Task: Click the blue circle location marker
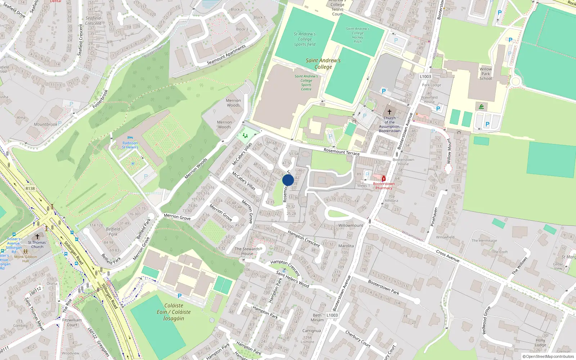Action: (x=288, y=180)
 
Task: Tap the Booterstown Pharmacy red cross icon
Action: (x=384, y=179)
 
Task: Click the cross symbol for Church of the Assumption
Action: (x=389, y=112)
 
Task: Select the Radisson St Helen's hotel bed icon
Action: (x=130, y=138)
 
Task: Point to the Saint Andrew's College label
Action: (x=323, y=64)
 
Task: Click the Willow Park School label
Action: (x=486, y=74)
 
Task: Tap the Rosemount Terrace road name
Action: (x=341, y=152)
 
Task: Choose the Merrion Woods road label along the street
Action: (x=196, y=168)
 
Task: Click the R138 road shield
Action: (x=30, y=188)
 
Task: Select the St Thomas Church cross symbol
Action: (x=37, y=237)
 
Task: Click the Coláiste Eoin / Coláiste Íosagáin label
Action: (x=174, y=312)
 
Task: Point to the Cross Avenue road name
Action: (x=447, y=256)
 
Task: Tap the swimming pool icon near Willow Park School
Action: (x=481, y=107)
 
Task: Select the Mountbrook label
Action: (x=45, y=125)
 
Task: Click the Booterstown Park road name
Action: (x=383, y=287)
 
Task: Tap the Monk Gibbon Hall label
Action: (x=26, y=259)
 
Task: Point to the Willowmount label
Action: (x=351, y=225)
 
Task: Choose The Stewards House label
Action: (x=247, y=251)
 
